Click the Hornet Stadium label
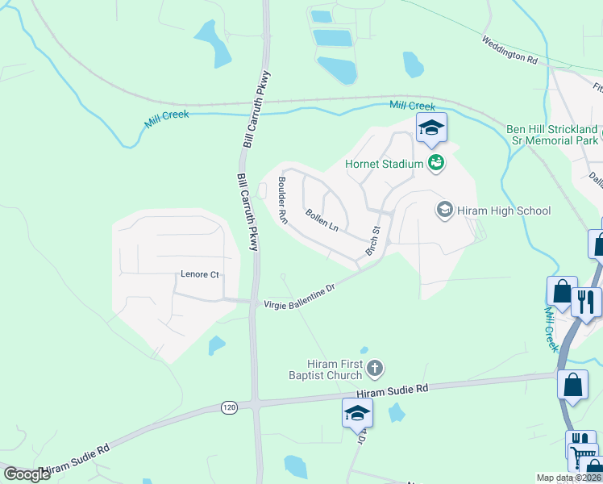[x=384, y=164]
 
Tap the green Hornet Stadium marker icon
[x=436, y=163]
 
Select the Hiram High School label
[x=503, y=211]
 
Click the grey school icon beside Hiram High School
[x=443, y=211]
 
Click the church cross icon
[x=374, y=369]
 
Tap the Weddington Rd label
[x=509, y=48]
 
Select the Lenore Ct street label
[x=198, y=275]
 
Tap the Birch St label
[x=373, y=240]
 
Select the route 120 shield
[x=230, y=408]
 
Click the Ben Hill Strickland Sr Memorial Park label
[x=552, y=135]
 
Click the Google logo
[x=27, y=474]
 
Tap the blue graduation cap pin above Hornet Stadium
[x=431, y=127]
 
